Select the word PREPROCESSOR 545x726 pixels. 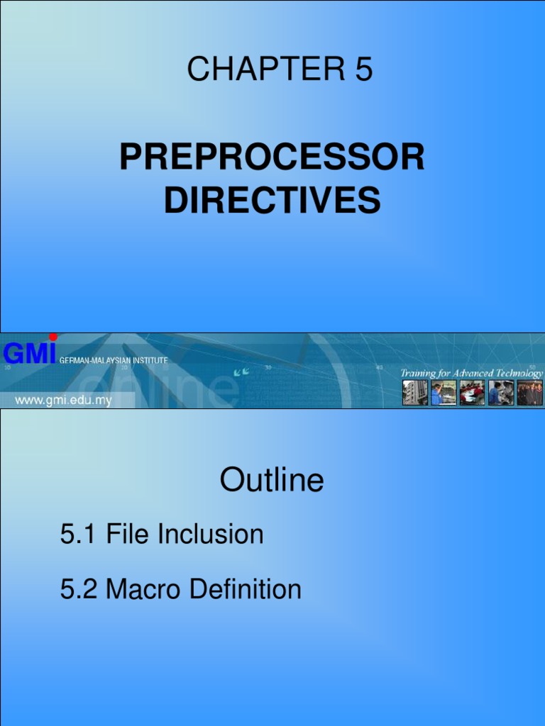(x=272, y=157)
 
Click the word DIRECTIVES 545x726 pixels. (x=272, y=200)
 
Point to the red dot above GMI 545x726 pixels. (x=53, y=337)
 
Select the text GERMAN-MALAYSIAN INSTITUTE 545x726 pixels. (x=114, y=361)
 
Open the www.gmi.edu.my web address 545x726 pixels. (x=64, y=401)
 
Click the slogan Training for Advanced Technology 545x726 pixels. (x=471, y=373)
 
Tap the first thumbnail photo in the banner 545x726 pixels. (x=415, y=393)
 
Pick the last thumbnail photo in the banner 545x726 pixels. (x=529, y=393)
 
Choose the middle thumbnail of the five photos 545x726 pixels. (x=472, y=393)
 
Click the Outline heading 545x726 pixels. (x=272, y=481)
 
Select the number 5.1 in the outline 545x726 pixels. (x=79, y=535)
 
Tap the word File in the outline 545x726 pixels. (x=128, y=535)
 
